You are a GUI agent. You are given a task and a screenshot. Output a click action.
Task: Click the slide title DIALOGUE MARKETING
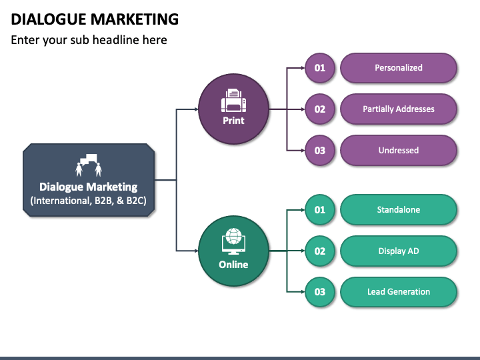95,19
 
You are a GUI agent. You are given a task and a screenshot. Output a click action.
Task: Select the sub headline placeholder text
89,40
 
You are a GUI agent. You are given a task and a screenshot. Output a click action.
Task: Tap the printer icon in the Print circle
233,100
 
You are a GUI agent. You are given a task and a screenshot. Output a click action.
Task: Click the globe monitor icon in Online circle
233,242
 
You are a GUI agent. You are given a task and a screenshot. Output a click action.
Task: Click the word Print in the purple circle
233,121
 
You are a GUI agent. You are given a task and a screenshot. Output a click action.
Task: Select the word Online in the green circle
233,265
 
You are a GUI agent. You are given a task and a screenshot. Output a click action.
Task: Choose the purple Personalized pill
398,68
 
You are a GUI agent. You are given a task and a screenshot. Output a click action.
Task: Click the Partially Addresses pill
398,109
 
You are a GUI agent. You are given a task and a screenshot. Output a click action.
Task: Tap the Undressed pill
398,151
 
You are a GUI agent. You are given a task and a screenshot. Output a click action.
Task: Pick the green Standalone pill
398,210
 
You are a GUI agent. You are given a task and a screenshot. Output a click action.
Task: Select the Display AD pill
398,251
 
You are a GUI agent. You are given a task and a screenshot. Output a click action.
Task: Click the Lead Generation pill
398,292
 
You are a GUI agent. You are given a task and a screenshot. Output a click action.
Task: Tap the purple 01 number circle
320,68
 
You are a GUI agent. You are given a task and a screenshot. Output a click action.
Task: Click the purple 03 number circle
320,151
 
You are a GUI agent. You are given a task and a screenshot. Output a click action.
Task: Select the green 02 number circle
320,251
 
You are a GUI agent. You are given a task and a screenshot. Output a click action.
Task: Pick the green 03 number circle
320,292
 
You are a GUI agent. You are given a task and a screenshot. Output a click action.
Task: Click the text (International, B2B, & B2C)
89,201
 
